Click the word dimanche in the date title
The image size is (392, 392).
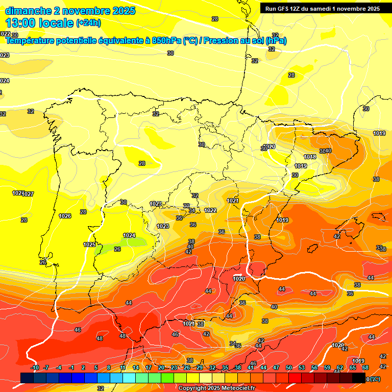pos(28,11)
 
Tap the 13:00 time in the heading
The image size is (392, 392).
pos(20,22)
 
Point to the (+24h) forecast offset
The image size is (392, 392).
pos(88,23)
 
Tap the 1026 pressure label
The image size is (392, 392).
pos(65,216)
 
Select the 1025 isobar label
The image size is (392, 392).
pos(90,244)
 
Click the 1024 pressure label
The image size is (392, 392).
pos(129,235)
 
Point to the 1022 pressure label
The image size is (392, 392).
pos(210,210)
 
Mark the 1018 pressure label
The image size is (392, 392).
pos(310,157)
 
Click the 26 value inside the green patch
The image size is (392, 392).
pos(117,249)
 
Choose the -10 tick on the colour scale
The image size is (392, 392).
pos(35,367)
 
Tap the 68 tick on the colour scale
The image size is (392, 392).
pos(365,367)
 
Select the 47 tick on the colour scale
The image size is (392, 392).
pos(276,367)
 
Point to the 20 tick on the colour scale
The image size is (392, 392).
pos(161,367)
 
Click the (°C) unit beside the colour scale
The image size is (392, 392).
pos(375,379)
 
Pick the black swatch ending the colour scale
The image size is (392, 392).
pos(359,378)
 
